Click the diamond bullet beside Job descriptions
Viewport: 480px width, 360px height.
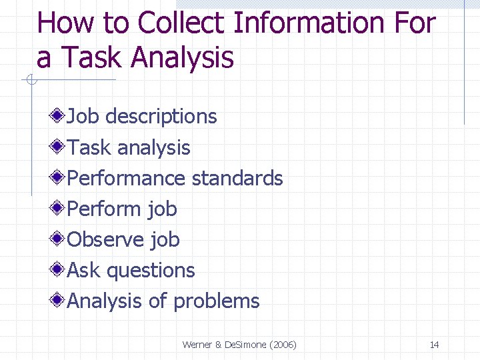point(59,117)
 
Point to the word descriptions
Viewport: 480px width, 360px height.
point(161,117)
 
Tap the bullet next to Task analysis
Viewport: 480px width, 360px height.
point(59,147)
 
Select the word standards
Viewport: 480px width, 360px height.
point(237,178)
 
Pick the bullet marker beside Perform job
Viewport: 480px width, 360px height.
point(59,209)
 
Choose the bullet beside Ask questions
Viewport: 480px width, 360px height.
point(59,270)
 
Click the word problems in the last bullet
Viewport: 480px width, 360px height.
point(216,301)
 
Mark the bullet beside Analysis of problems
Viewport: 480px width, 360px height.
point(59,301)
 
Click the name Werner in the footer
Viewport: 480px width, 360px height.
point(197,345)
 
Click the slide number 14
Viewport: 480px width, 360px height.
point(434,345)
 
